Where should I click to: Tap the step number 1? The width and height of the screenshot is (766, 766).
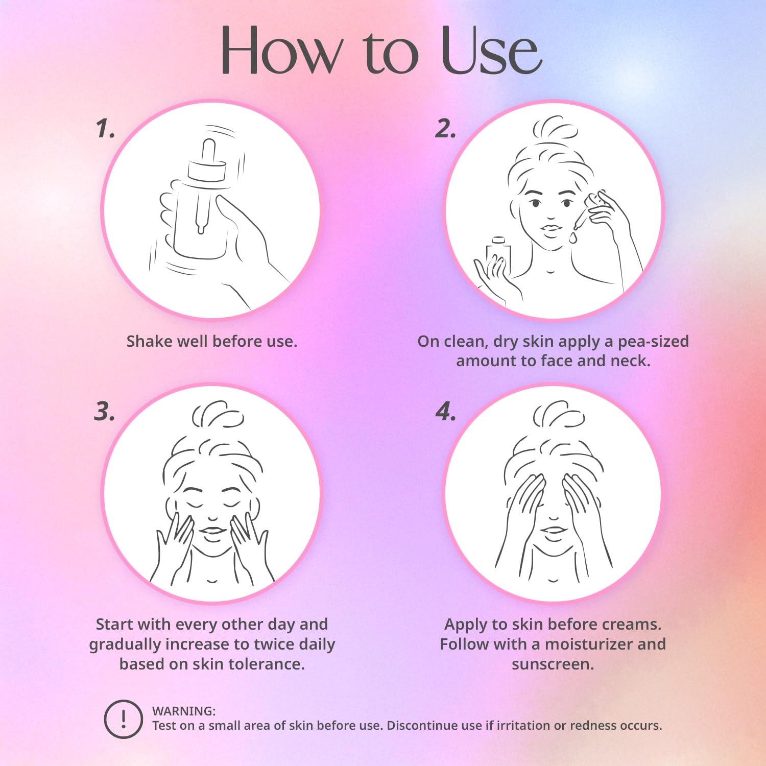click(105, 129)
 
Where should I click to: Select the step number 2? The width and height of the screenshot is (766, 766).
click(446, 129)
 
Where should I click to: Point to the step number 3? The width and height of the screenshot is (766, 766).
click(105, 412)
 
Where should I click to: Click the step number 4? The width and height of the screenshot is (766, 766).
click(446, 412)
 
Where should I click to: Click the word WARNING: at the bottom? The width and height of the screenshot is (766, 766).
click(184, 711)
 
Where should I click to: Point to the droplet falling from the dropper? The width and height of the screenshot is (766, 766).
click(573, 238)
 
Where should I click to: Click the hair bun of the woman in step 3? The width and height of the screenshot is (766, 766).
click(218, 414)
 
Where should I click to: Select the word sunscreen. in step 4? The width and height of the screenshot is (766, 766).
click(553, 664)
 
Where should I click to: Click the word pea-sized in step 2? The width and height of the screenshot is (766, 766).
click(653, 342)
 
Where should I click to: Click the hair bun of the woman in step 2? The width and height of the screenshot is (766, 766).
click(555, 128)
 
